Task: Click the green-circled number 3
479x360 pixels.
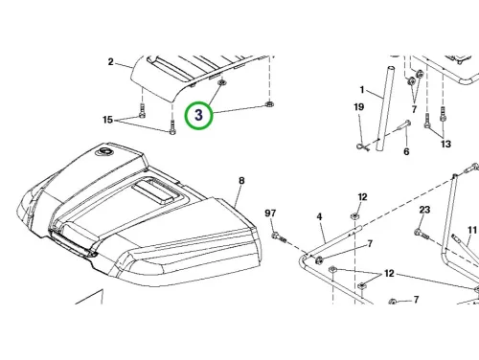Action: pyautogui.click(x=198, y=115)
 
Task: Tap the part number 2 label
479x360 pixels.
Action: pyautogui.click(x=110, y=62)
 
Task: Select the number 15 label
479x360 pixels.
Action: pyautogui.click(x=108, y=120)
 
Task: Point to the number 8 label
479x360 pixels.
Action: pyautogui.click(x=241, y=181)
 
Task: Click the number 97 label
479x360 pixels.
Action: pyautogui.click(x=270, y=213)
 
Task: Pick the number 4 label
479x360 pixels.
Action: pyautogui.click(x=319, y=217)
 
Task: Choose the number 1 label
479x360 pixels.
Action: pyautogui.click(x=362, y=90)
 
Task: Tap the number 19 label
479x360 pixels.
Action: pyautogui.click(x=359, y=107)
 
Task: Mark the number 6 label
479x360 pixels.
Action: pyautogui.click(x=406, y=151)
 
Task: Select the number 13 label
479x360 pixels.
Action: pyautogui.click(x=445, y=144)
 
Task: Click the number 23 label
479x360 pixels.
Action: pyautogui.click(x=424, y=210)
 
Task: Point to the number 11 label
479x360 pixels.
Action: pyautogui.click(x=472, y=230)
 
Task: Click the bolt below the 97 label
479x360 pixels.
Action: pyautogui.click(x=279, y=237)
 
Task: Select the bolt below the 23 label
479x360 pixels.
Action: pyautogui.click(x=422, y=235)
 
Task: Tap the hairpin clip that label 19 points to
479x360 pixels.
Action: pyautogui.click(x=362, y=146)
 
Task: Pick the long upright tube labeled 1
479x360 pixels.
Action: pyautogui.click(x=385, y=108)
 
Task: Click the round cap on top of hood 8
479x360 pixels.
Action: pyautogui.click(x=104, y=151)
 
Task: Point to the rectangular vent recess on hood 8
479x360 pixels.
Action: pyautogui.click(x=156, y=191)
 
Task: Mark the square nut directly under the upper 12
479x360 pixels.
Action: pyautogui.click(x=354, y=216)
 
